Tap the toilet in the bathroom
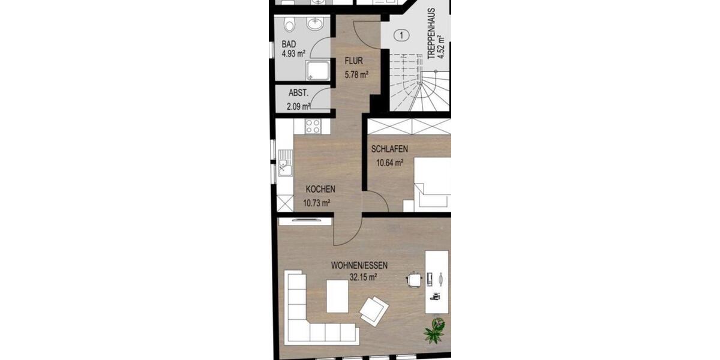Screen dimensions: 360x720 [289, 25]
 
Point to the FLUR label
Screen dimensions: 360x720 [353, 61]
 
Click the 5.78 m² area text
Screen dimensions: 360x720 [356, 75]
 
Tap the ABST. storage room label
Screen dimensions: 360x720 [298, 93]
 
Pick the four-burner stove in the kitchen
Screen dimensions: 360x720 [313, 126]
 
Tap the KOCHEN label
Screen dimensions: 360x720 [320, 189]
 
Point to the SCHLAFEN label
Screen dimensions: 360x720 [390, 149]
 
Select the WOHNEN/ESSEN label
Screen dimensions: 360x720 [358, 265]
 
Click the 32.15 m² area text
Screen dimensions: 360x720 [363, 277]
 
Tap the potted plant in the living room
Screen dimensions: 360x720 [434, 330]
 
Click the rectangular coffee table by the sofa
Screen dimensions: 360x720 [337, 296]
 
